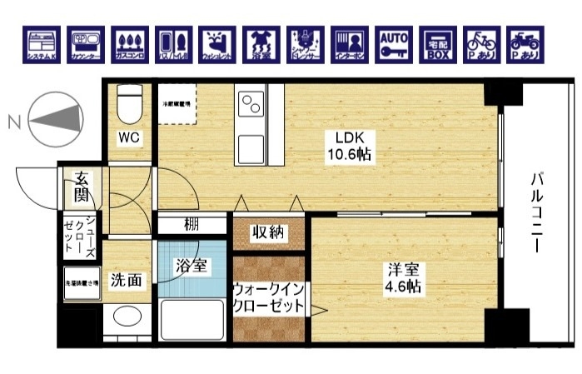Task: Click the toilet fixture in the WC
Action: (130, 106)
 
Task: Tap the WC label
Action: (128, 137)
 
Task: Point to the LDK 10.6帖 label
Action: (348, 146)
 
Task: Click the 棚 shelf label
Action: (192, 224)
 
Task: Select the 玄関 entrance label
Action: (82, 187)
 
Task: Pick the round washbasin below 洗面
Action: (127, 317)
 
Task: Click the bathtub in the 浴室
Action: (192, 320)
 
